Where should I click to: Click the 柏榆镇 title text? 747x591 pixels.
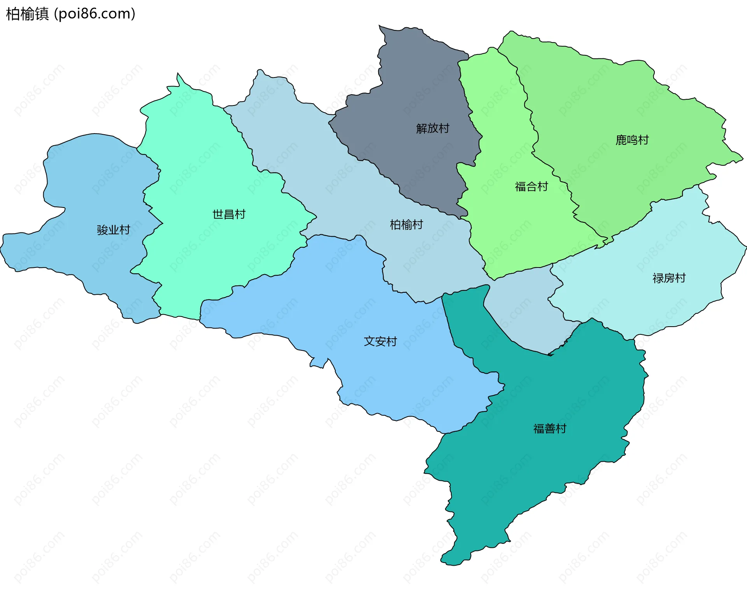pyautogui.click(x=27, y=14)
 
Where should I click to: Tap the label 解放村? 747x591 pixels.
pyautogui.click(x=433, y=128)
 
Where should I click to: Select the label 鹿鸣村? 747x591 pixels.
pyautogui.click(x=632, y=140)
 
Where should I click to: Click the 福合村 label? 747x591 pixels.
pyautogui.click(x=531, y=186)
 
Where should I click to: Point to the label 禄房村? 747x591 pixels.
pyautogui.click(x=669, y=278)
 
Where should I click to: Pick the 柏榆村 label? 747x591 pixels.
pyautogui.click(x=406, y=224)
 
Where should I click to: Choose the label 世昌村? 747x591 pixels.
pyautogui.click(x=229, y=214)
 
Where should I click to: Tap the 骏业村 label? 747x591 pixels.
pyautogui.click(x=113, y=230)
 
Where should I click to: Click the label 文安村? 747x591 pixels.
pyautogui.click(x=380, y=341)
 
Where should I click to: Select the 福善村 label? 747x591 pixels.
pyautogui.click(x=549, y=429)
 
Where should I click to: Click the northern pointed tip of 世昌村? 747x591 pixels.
pyautogui.click(x=178, y=74)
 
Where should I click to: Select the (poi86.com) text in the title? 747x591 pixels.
pyautogui.click(x=95, y=14)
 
